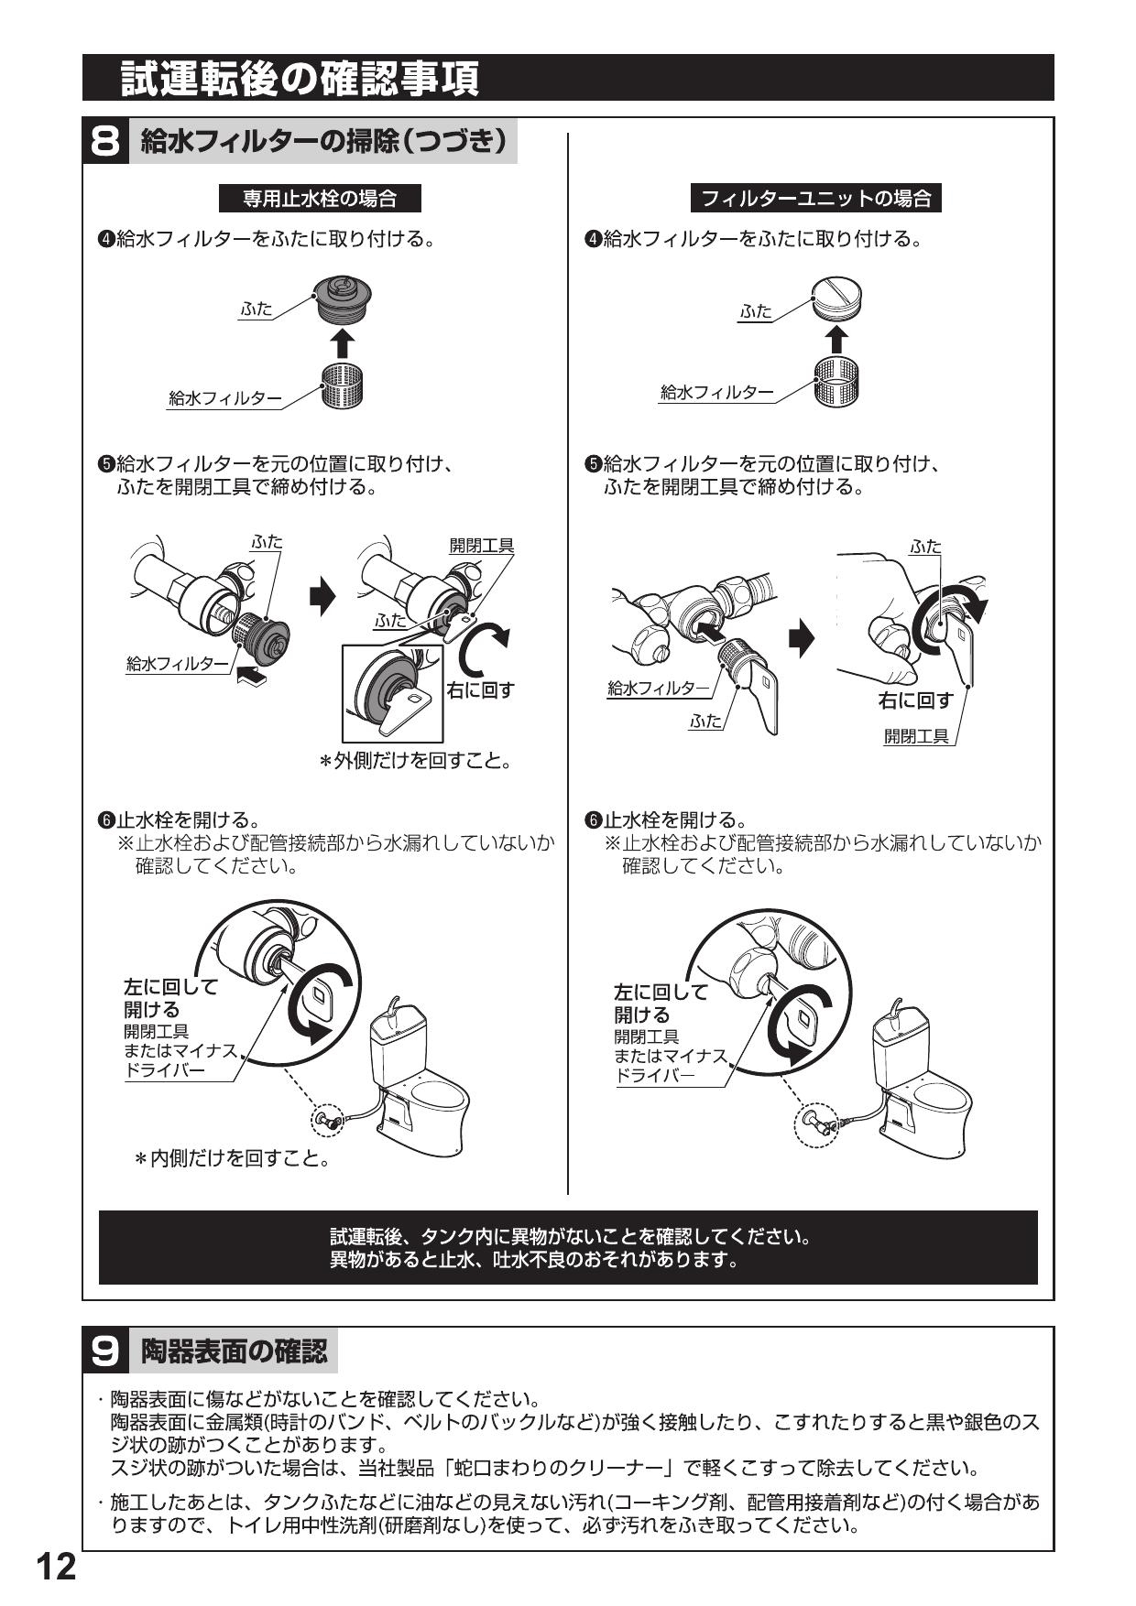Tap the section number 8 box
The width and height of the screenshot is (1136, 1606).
106,142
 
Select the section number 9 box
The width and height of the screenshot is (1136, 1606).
106,1351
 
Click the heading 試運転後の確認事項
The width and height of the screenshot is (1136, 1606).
300,79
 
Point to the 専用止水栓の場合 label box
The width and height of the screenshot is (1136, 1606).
319,198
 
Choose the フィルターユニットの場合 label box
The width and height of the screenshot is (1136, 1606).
815,198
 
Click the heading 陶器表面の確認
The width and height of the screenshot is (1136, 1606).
234,1351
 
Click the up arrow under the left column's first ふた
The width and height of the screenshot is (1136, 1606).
341,343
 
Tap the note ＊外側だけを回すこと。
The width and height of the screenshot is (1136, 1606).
414,760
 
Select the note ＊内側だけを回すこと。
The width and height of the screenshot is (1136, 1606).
233,1159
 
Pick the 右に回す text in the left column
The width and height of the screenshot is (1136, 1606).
480,689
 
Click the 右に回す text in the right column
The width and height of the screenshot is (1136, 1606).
915,700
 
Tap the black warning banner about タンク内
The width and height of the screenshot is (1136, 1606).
568,1247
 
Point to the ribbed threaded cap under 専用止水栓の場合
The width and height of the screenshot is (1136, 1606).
342,296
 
